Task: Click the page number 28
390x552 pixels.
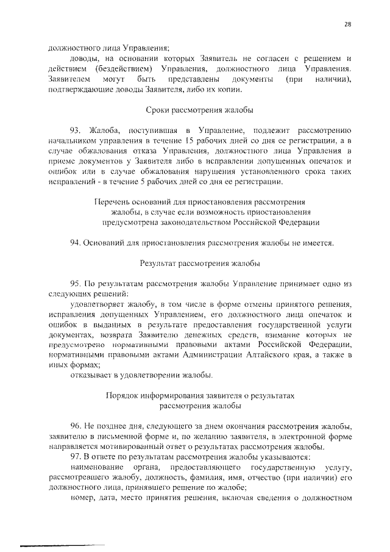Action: pos(347,24)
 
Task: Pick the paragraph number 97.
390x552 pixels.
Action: pos(76,457)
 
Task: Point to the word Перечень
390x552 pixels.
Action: pos(112,202)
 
